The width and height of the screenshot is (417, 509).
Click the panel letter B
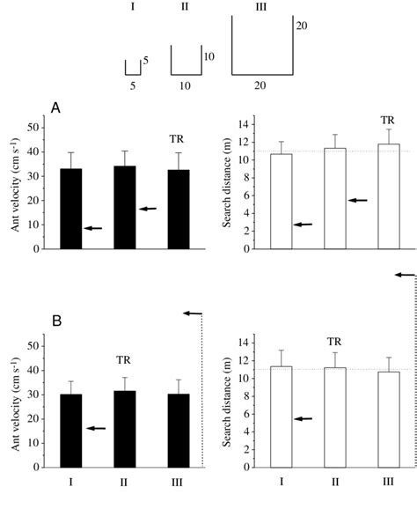pyautogui.click(x=55, y=321)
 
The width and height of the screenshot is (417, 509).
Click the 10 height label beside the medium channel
pyautogui.click(x=209, y=56)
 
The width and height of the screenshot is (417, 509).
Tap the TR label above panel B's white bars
pyautogui.click(x=334, y=342)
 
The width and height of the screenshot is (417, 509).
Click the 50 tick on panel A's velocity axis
pyautogui.click(x=33, y=127)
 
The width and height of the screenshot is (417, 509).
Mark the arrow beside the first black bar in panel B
pyautogui.click(x=95, y=428)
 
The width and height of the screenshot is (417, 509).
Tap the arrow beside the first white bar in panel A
pyautogui.click(x=304, y=225)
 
